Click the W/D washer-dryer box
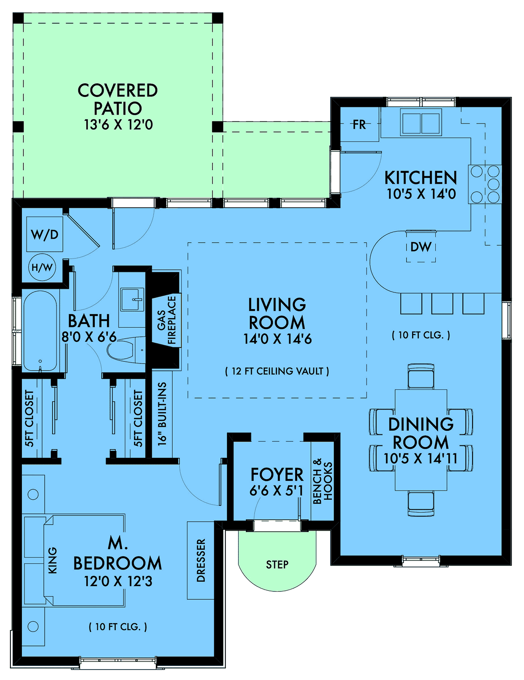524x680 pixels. tap(45, 234)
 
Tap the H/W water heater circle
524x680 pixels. tap(42, 268)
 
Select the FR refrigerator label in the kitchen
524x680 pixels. tap(359, 124)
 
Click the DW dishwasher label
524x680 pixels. tap(421, 247)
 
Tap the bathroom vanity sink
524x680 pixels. tap(133, 299)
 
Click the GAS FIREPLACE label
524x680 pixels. tap(166, 320)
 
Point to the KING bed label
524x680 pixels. tap(52, 560)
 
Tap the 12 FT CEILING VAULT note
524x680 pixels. tap(277, 371)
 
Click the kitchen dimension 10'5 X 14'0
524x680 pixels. tap(421, 194)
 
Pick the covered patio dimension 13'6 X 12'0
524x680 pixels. tap(118, 125)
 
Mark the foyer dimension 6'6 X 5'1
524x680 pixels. tap(276, 491)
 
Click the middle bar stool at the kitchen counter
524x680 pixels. tap(442, 303)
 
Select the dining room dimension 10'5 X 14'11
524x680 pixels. tap(421, 458)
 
